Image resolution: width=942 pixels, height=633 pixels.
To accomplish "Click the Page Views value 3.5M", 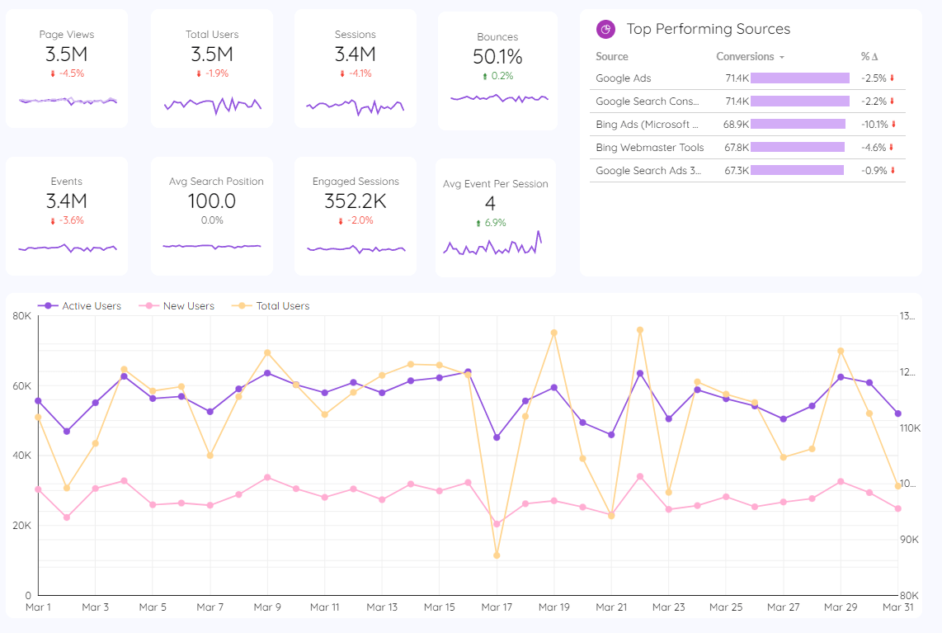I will (x=67, y=54).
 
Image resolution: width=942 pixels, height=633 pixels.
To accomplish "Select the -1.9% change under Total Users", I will (x=212, y=73).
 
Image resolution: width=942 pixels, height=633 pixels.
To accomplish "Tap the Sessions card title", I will (x=356, y=35).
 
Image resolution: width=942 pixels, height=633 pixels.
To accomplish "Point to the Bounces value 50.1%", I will (x=497, y=57).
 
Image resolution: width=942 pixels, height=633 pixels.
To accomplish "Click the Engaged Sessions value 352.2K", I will (x=356, y=201).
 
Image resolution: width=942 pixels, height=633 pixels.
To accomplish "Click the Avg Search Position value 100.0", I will (x=212, y=201).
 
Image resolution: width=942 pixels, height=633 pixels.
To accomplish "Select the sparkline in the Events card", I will (x=67, y=248).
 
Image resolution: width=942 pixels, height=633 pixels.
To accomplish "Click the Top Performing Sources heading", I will (x=708, y=29).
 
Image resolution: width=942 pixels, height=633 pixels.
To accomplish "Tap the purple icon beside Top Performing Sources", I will (x=606, y=29).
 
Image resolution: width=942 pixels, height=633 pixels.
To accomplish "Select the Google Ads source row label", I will (x=624, y=78).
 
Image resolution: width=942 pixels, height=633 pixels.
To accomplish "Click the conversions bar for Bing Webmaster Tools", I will (x=798, y=148).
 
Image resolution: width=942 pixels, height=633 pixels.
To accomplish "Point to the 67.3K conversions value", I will (x=737, y=171).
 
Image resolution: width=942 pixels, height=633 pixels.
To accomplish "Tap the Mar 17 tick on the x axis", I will (x=497, y=607).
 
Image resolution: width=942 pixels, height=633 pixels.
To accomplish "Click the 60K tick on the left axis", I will (x=21, y=386).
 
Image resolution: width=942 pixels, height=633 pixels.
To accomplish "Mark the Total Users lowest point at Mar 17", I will (x=497, y=555).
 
